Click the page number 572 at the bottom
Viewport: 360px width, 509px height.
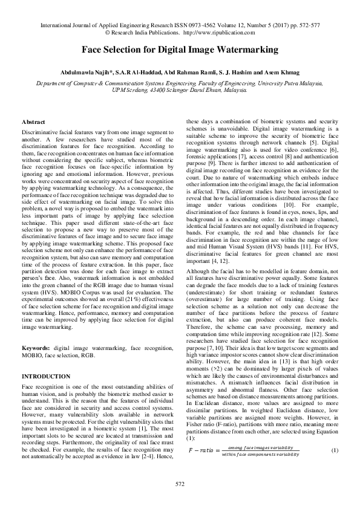(x=180, y=484)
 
